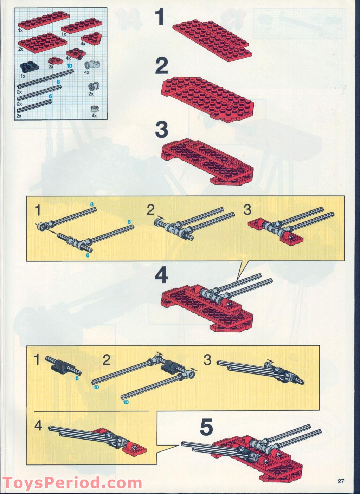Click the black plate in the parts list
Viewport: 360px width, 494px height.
click(x=30, y=68)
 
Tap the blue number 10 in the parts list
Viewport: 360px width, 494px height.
click(x=69, y=66)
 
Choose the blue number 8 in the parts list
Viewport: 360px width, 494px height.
click(x=58, y=82)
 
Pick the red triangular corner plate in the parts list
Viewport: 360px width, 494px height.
click(x=91, y=39)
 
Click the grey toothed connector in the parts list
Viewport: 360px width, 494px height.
click(x=92, y=65)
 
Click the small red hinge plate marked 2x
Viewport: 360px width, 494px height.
click(x=54, y=60)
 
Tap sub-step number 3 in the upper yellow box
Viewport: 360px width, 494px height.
click(x=247, y=209)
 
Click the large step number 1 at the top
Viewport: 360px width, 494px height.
click(x=159, y=17)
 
